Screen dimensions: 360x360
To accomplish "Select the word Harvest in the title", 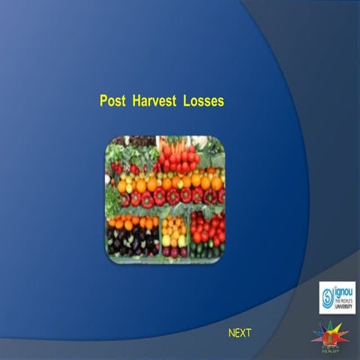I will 154,101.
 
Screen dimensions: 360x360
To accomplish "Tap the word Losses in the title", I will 203,101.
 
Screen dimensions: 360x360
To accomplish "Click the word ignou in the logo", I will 342,287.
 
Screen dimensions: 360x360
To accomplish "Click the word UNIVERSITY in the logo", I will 342,304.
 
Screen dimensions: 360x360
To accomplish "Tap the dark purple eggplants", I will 131,242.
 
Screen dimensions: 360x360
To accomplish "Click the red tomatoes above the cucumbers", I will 207,227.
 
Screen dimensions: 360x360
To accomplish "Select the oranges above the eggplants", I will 132,223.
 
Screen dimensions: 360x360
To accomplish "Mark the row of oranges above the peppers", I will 169,182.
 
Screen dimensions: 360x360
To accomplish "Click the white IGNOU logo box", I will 337,297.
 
